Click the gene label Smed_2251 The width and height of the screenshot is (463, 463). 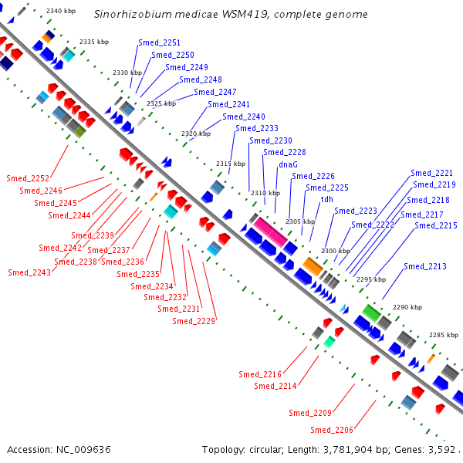click(x=159, y=42)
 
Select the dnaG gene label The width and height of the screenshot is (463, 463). click(x=288, y=164)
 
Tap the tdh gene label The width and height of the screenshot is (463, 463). click(x=327, y=199)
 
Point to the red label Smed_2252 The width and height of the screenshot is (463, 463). click(x=28, y=178)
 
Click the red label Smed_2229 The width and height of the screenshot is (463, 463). click(x=194, y=321)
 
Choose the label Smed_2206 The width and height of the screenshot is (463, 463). click(x=332, y=430)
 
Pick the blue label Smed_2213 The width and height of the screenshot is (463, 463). click(x=425, y=266)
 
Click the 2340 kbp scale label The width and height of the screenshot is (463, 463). click(x=61, y=12)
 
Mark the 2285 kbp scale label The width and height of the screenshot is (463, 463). click(x=444, y=335)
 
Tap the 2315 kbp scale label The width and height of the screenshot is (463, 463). click(x=231, y=164)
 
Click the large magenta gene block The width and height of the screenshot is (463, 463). click(x=270, y=231)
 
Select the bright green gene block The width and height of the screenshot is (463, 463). click(x=371, y=313)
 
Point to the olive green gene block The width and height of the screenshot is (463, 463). click(x=80, y=132)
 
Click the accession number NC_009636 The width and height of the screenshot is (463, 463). click(x=83, y=450)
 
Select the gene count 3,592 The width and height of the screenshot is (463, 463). click(x=441, y=450)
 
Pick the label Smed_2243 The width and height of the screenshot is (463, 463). click(x=29, y=272)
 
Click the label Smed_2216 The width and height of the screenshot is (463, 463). click(x=260, y=374)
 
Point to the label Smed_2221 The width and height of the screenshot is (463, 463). click(x=431, y=173)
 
